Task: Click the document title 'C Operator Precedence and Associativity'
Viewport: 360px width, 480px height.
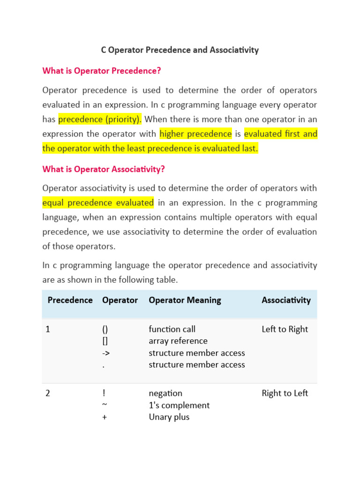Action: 180,50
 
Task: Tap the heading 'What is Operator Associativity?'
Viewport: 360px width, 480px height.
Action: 104,169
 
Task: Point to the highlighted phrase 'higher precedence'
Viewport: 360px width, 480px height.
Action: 195,134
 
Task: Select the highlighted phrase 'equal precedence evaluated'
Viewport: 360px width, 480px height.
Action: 98,202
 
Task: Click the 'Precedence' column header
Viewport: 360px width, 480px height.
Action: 70,300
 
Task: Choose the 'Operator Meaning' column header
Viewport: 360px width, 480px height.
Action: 185,300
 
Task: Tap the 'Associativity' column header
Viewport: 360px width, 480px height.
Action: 286,300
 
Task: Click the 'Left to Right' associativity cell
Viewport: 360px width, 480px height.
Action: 285,329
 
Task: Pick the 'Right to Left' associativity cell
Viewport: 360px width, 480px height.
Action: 285,393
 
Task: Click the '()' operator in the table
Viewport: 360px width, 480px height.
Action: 105,329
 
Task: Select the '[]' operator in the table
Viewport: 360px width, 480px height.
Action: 105,341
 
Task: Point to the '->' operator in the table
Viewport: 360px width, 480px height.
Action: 106,353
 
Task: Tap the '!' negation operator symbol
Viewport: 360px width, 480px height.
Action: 104,393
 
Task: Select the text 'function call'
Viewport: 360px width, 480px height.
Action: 172,329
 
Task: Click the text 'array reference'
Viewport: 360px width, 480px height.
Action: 178,341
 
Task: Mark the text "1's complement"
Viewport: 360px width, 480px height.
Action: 179,405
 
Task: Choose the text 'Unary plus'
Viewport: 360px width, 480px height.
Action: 169,417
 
